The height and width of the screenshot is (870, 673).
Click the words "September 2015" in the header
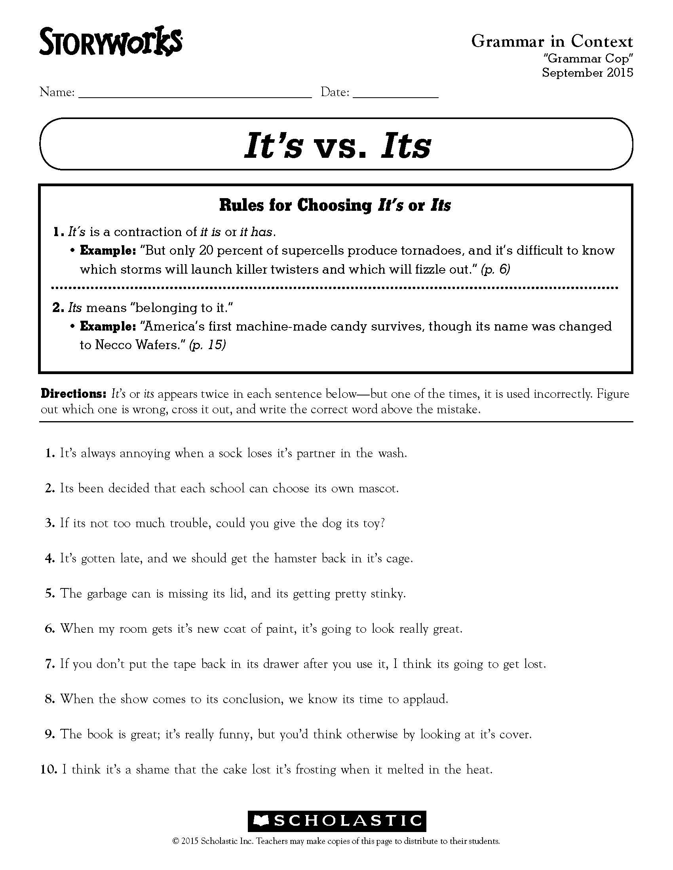(587, 72)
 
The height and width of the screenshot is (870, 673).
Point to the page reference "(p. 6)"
(496, 269)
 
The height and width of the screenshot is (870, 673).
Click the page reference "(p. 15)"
(208, 344)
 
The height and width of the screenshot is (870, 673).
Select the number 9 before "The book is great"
(49, 734)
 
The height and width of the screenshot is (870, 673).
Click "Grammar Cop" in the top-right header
(588, 59)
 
